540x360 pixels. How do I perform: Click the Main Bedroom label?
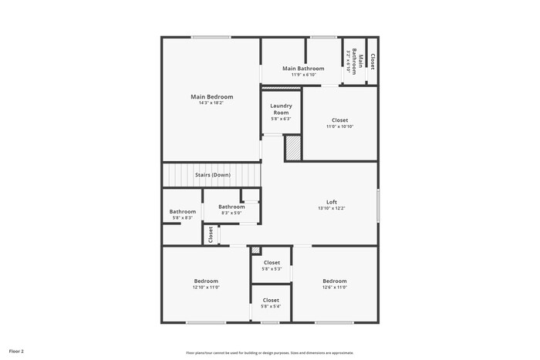tap(211, 97)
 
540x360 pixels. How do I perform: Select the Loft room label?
tap(332, 202)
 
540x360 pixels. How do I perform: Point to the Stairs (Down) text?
tap(212, 175)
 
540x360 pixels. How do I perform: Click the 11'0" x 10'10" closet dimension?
tap(339, 126)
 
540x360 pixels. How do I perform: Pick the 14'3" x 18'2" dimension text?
tap(211, 103)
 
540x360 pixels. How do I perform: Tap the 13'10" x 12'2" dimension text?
tap(332, 208)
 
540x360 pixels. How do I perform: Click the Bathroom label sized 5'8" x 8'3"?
tap(183, 212)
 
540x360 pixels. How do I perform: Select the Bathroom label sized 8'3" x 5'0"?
tap(231, 207)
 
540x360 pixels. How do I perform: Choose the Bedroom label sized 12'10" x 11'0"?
tap(206, 281)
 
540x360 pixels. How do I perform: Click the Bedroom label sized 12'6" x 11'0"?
tap(335, 281)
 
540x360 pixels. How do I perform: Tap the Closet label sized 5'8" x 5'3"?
tap(271, 262)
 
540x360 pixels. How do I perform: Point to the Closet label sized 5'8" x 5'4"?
tap(271, 300)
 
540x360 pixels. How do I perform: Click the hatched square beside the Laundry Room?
tap(292, 148)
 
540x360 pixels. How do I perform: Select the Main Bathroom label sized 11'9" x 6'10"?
tap(302, 69)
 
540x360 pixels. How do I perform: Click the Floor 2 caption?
tap(16, 351)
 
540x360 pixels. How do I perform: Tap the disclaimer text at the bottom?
tap(269, 352)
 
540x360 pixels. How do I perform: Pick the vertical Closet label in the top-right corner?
tap(373, 62)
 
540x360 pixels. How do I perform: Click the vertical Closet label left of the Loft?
tap(211, 234)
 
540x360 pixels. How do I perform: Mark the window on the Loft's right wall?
tap(377, 206)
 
